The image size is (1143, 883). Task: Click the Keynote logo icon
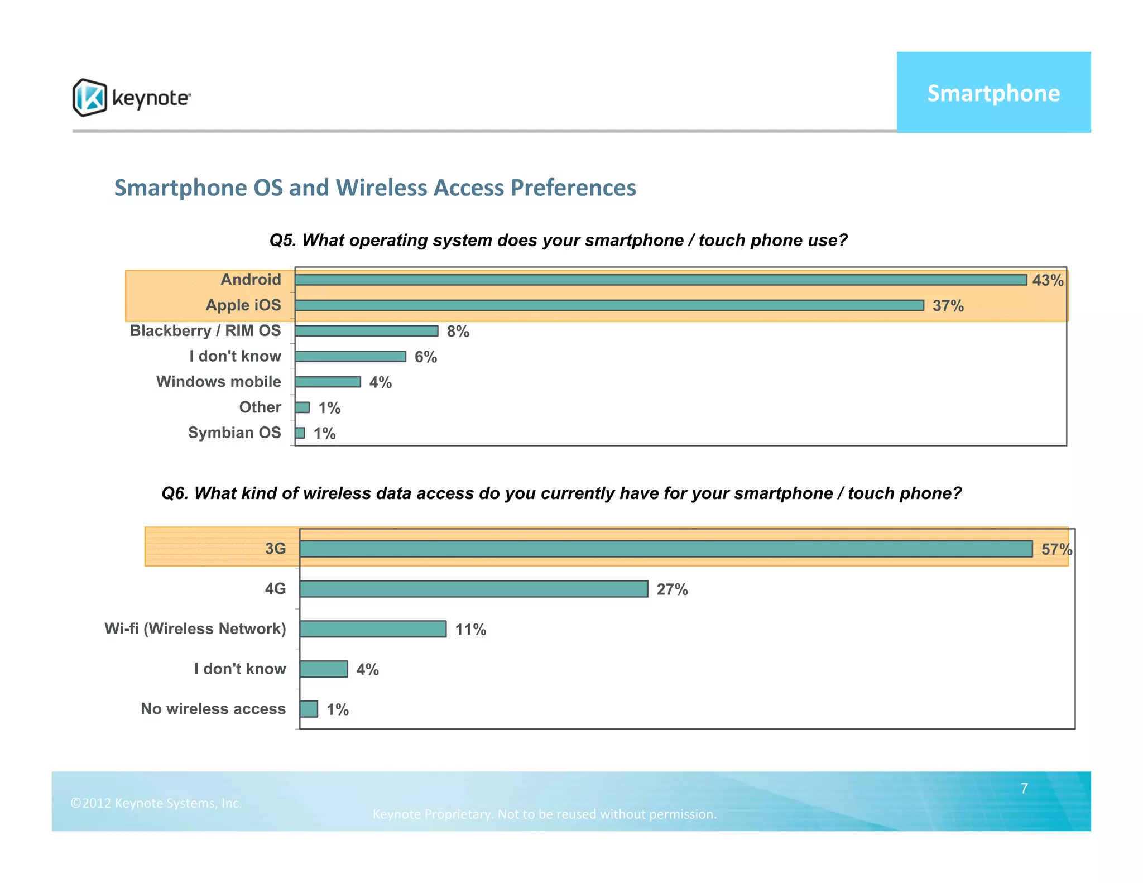[89, 98]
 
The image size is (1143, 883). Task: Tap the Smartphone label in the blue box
[993, 93]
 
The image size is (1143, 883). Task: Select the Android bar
[660, 280]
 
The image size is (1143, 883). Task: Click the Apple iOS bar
[609, 305]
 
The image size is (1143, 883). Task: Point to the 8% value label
[458, 332]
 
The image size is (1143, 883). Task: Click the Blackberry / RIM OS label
[205, 330]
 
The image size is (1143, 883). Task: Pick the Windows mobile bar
[328, 382]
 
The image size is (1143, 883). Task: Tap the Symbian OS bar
[300, 433]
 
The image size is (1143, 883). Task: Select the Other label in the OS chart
[260, 407]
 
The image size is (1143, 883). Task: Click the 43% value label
[1048, 280]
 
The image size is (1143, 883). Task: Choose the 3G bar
[666, 549]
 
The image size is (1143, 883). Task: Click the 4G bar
[473, 589]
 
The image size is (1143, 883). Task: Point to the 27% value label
[672, 589]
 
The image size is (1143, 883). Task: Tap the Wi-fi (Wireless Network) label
[195, 628]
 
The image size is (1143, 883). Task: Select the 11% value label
[470, 630]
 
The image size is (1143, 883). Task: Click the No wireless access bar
[309, 709]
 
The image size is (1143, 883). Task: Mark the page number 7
[1024, 788]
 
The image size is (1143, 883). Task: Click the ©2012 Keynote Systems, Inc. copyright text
[156, 803]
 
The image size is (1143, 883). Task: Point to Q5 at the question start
[282, 240]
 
